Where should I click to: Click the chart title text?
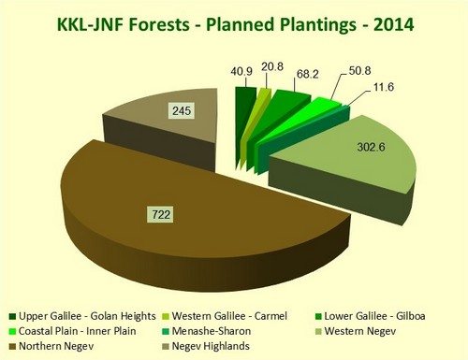click(x=233, y=20)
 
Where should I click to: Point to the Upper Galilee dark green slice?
click(x=245, y=98)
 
